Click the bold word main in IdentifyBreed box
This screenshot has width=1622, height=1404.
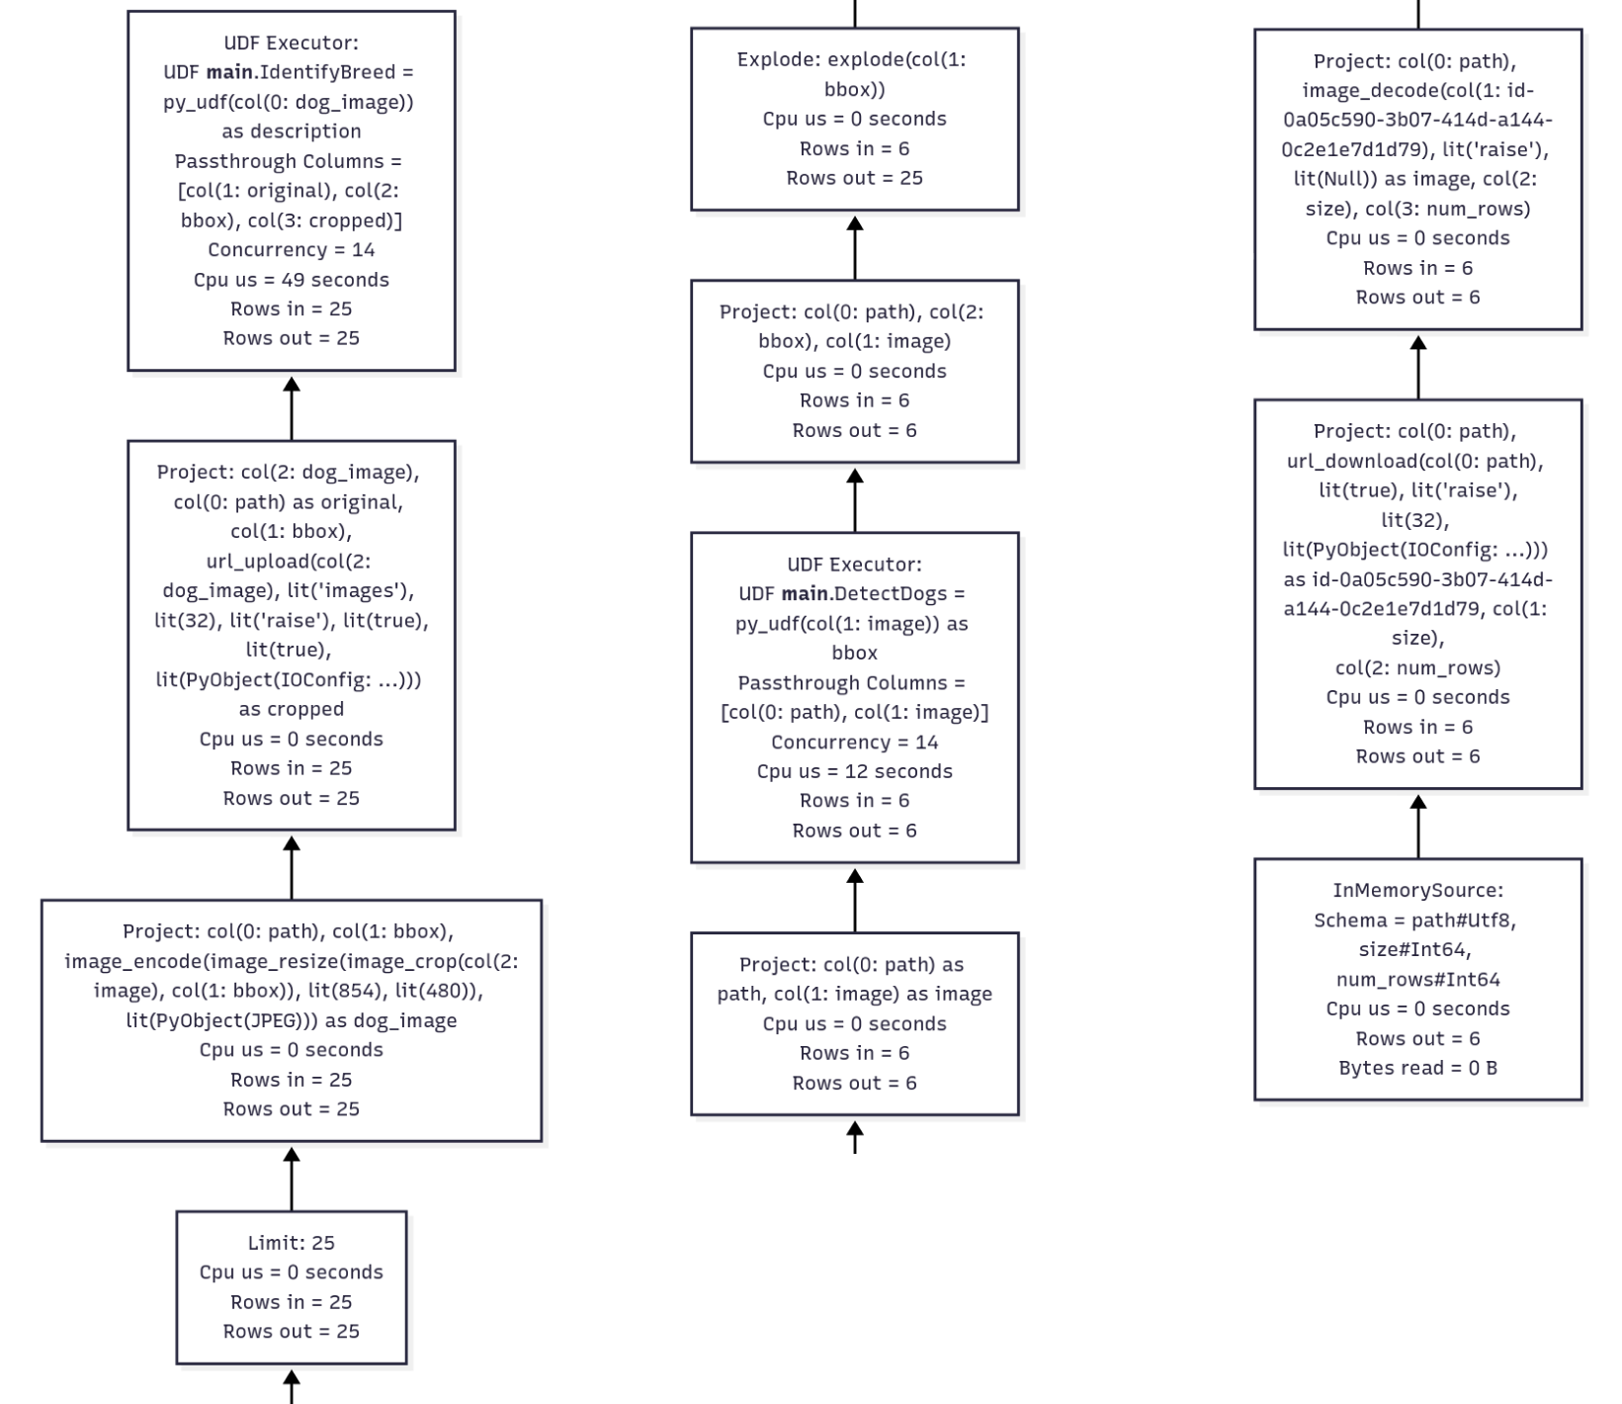[228, 72]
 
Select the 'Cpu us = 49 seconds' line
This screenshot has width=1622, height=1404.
[291, 280]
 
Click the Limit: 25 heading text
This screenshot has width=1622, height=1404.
[291, 1243]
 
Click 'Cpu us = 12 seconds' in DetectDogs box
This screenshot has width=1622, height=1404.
[854, 771]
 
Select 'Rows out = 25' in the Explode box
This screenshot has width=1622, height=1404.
[854, 178]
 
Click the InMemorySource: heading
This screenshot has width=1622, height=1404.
[1417, 890]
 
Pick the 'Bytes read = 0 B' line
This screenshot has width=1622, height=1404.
[1417, 1068]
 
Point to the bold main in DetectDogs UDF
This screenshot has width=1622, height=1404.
[805, 594]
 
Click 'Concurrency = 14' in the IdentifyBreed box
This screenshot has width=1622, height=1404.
[291, 250]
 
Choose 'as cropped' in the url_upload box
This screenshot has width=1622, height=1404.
[291, 709]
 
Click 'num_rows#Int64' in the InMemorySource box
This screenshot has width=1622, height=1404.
[1417, 979]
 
